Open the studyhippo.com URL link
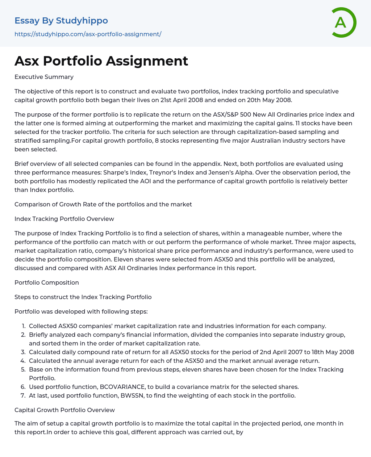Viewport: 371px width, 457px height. (88, 34)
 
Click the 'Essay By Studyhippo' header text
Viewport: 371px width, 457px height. (61, 21)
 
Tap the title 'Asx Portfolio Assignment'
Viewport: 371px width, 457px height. (101, 61)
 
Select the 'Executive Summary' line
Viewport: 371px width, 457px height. (44, 77)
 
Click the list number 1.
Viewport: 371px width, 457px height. (24, 326)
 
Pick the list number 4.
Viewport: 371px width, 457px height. (23, 361)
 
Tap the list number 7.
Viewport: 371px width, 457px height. (23, 395)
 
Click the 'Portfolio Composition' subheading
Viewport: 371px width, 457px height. (46, 282)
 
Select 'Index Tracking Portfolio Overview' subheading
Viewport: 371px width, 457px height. (64, 219)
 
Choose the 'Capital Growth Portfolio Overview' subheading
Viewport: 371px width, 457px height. (64, 410)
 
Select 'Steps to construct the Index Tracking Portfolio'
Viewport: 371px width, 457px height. (83, 297)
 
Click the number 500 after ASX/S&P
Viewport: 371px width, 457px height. (244, 114)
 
